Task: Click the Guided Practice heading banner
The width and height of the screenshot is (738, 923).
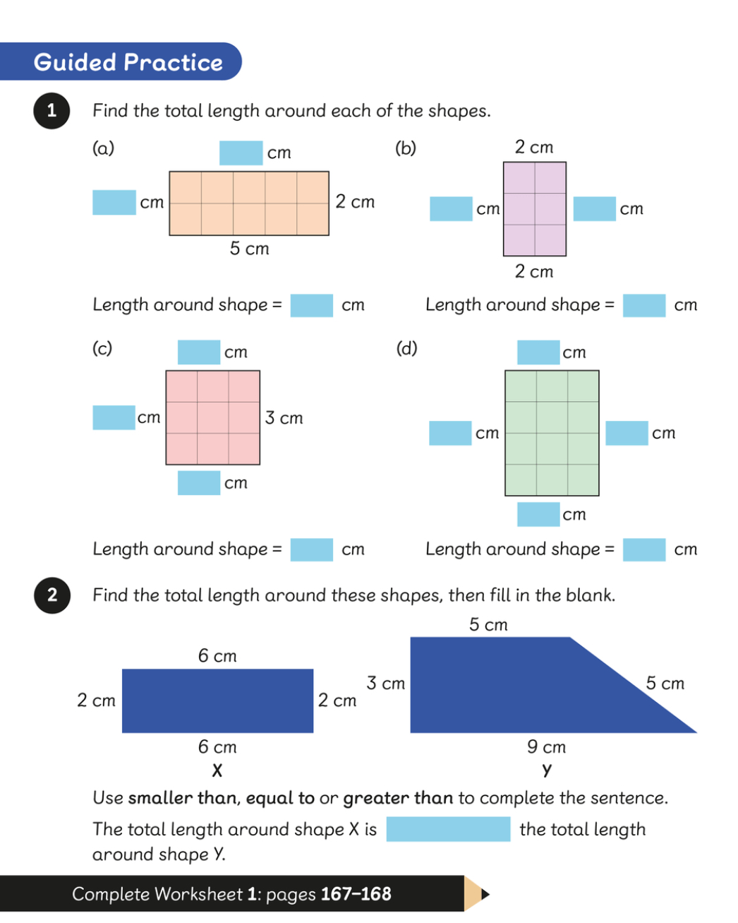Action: pos(120,61)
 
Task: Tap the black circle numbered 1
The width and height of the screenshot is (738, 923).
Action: pos(52,111)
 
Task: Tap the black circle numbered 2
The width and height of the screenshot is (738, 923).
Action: pos(52,595)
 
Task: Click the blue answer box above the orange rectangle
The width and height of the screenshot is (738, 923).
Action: pos(241,153)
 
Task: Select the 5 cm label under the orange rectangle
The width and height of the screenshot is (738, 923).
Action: pos(250,249)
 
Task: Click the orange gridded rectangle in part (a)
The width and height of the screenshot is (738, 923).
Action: pos(249,203)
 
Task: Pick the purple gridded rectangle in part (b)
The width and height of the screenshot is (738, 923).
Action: pos(534,209)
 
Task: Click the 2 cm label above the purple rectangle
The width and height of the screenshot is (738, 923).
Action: pos(534,147)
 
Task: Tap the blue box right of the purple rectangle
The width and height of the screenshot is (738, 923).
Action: pos(595,209)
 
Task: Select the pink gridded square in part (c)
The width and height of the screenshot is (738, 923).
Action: pos(212,417)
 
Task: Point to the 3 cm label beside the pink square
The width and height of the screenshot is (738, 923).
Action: pos(284,418)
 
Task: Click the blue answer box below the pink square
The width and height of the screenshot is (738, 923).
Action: pos(199,483)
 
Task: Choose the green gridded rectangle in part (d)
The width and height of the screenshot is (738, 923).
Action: pos(552,433)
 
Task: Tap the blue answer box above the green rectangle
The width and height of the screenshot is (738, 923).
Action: pos(538,352)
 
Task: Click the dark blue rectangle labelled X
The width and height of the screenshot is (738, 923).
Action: pos(218,701)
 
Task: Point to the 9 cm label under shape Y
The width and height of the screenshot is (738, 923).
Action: pos(546,746)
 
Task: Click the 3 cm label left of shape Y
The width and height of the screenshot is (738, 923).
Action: pos(386,683)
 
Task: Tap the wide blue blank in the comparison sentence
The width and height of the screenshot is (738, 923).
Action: pos(448,829)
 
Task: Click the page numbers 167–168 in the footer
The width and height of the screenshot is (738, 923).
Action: pos(356,894)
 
